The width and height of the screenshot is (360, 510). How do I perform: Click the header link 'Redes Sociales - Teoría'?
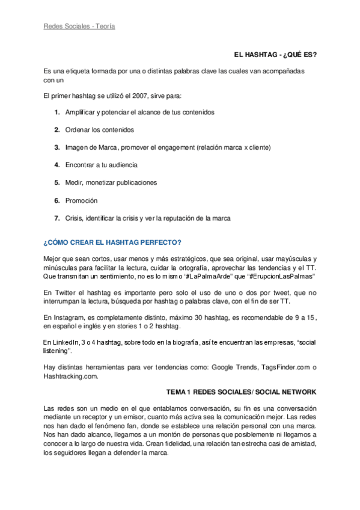pyautogui.click(x=79, y=26)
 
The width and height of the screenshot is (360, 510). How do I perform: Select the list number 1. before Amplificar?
pyautogui.click(x=56, y=112)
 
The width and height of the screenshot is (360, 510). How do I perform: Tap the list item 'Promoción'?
pyautogui.click(x=81, y=200)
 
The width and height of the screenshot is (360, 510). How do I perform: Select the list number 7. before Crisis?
pyautogui.click(x=56, y=217)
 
